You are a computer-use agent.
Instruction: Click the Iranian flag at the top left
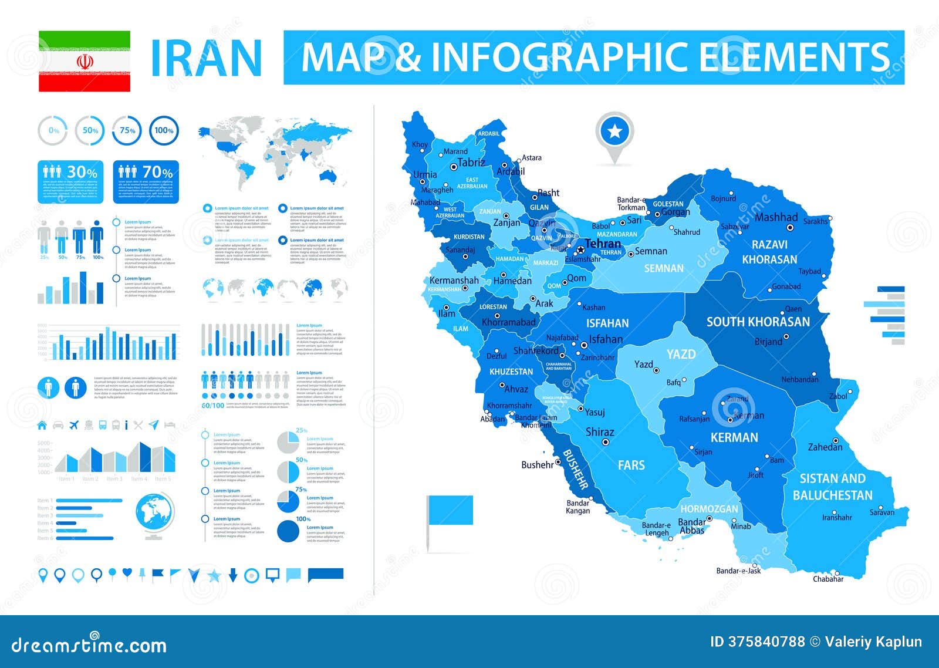click(x=85, y=62)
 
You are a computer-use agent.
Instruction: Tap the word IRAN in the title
click(x=205, y=58)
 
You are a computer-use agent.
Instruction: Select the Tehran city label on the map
click(x=603, y=243)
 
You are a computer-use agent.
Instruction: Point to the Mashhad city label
click(x=776, y=217)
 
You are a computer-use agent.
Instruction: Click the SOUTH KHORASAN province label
click(x=758, y=322)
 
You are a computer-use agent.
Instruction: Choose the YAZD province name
click(x=681, y=354)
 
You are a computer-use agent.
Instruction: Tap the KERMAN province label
click(x=734, y=437)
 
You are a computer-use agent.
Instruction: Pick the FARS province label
click(x=631, y=465)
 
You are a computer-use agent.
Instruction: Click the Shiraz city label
click(x=599, y=432)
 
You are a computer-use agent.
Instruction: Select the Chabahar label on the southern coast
click(x=827, y=579)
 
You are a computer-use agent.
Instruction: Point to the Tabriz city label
click(x=471, y=163)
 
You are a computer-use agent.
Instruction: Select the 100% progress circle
click(x=164, y=130)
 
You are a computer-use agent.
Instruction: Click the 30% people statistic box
click(x=70, y=182)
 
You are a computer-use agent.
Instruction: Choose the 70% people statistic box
click(x=146, y=182)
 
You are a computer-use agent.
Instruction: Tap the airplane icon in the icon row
click(x=74, y=424)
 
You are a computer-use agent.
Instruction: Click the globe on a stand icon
click(x=154, y=515)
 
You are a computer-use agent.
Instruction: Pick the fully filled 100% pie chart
click(x=288, y=531)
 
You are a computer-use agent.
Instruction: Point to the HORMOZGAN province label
click(x=709, y=509)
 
